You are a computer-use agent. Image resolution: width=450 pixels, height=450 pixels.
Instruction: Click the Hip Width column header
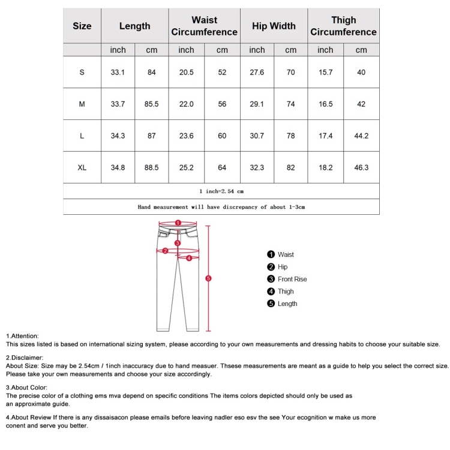click(x=274, y=26)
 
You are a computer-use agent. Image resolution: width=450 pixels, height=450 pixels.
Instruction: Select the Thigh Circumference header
click(x=343, y=26)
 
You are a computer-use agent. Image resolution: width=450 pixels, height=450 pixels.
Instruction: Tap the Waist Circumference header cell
click(x=204, y=26)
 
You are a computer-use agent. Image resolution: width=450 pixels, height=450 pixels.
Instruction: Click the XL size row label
click(x=82, y=167)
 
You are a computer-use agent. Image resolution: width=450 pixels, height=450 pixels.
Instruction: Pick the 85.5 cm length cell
click(x=151, y=104)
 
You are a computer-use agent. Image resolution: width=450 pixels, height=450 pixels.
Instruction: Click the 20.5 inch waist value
click(x=186, y=72)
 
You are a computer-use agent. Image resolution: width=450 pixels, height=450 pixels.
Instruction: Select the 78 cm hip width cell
click(x=290, y=136)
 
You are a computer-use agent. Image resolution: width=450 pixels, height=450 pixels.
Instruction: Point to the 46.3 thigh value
click(x=361, y=167)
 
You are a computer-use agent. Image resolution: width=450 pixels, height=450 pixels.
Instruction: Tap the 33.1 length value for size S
click(x=118, y=72)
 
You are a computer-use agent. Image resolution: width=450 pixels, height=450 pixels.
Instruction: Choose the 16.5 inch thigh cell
click(x=325, y=104)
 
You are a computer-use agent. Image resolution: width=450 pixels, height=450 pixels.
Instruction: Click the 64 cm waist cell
click(x=222, y=167)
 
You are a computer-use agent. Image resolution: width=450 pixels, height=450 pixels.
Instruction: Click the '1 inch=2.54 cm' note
click(x=221, y=191)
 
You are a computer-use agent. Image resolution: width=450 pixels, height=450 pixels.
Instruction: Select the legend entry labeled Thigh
click(x=285, y=292)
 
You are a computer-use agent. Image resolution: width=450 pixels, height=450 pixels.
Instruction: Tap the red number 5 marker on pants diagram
click(x=208, y=278)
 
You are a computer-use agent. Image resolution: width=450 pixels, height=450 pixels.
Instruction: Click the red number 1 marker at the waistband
click(x=178, y=223)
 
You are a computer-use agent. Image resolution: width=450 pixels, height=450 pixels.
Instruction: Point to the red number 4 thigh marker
click(x=189, y=259)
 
